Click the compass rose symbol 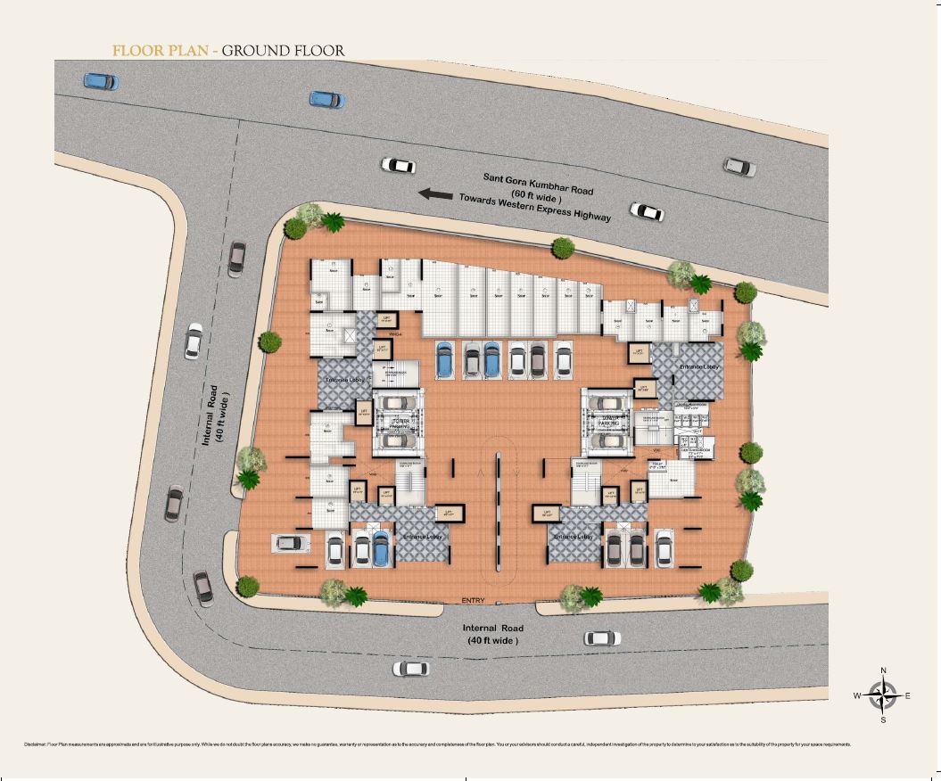883,695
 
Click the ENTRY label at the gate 473,601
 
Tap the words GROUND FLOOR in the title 283,51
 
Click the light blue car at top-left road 100,81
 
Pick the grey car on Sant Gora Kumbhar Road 739,166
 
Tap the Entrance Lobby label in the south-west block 422,537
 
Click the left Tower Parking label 400,423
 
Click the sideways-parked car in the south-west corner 290,541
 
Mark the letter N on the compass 883,670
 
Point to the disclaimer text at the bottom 437,744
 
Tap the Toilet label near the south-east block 657,464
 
